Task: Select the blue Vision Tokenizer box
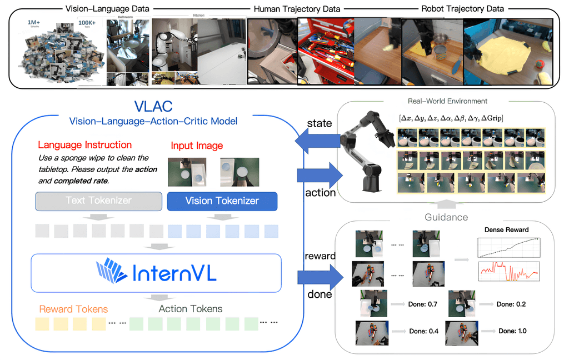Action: click(x=222, y=201)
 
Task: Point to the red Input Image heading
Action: click(x=197, y=146)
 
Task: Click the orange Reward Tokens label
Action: click(x=73, y=309)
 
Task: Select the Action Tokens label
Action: click(x=191, y=309)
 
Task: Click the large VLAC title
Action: click(x=152, y=106)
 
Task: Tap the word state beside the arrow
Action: click(x=319, y=123)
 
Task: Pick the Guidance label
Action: click(x=446, y=217)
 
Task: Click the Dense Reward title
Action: click(x=506, y=229)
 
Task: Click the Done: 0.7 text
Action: click(x=423, y=304)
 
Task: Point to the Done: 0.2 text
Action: click(x=511, y=304)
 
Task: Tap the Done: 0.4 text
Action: click(x=423, y=331)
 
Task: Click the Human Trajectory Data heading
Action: click(x=297, y=9)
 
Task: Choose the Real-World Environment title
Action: click(x=447, y=101)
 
